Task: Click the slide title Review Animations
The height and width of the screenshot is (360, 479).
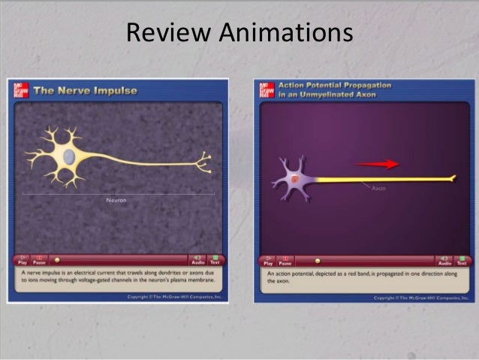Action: tap(239, 32)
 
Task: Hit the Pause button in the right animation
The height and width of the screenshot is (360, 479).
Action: tap(285, 260)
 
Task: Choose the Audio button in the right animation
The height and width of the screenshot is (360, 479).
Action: tap(444, 260)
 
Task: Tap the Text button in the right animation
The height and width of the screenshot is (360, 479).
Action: tap(461, 260)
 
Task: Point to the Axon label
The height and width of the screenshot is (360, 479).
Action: tap(379, 188)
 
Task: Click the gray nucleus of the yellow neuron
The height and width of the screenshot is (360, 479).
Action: tap(68, 156)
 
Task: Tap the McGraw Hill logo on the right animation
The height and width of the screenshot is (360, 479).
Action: tap(265, 90)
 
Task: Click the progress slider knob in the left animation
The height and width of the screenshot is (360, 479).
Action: tap(57, 259)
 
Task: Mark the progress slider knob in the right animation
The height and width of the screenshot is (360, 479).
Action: tap(317, 261)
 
